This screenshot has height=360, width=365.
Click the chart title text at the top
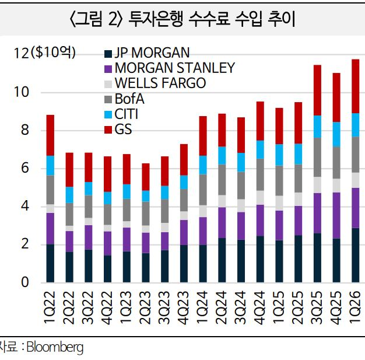(182, 19)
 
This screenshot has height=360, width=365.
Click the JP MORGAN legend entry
(151, 54)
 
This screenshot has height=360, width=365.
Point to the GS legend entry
(124, 129)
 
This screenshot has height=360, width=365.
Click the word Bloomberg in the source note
(55, 348)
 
